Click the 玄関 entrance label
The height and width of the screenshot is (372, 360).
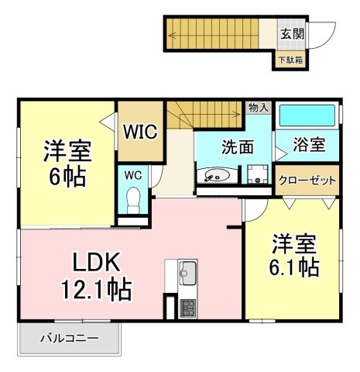click(x=292, y=33)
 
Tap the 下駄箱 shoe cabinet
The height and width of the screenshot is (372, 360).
click(x=290, y=60)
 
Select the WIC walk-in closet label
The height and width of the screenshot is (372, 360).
click(x=140, y=132)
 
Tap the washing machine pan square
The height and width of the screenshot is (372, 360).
click(x=258, y=174)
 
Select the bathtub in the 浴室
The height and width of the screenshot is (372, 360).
click(x=307, y=115)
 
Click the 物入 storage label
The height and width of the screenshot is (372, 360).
click(x=259, y=108)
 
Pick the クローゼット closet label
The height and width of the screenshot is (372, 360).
click(x=307, y=180)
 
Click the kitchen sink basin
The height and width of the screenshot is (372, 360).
click(x=187, y=274)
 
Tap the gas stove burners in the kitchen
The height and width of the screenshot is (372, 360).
click(x=187, y=308)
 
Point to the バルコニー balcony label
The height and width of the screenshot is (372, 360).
click(x=70, y=338)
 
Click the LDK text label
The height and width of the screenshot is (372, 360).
click(x=97, y=262)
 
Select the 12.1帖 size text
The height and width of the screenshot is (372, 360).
click(x=96, y=289)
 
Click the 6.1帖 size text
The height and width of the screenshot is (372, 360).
click(x=294, y=267)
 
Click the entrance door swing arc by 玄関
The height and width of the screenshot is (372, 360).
click(x=327, y=39)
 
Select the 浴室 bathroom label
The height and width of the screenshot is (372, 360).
click(x=309, y=144)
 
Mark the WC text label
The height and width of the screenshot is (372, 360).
click(x=133, y=175)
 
